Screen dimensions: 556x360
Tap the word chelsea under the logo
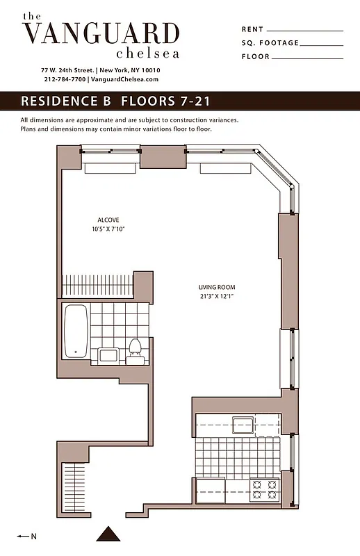148,54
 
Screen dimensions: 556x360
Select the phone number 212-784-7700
65,79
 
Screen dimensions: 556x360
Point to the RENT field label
252,29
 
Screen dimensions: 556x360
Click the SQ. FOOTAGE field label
270,43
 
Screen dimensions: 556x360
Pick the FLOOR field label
255,57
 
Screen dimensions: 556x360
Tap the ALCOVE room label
108,220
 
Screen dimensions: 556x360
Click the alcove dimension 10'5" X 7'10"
108,229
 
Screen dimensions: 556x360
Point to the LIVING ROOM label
217,287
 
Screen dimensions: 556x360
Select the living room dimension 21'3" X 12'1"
217,295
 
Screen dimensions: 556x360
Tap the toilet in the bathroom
135,350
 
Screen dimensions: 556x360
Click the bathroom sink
108,356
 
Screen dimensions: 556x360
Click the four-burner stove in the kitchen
264,489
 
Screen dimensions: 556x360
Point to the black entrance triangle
108,534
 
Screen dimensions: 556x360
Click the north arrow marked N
26,536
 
